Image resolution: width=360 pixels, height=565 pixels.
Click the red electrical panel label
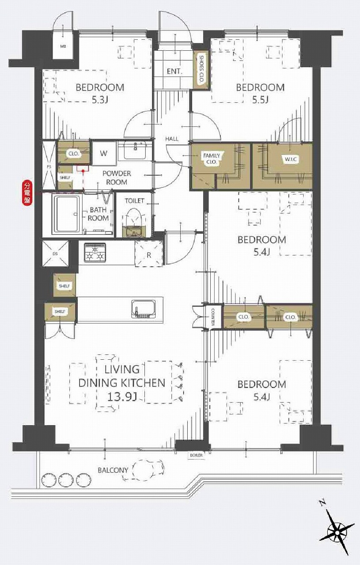click(x=27, y=193)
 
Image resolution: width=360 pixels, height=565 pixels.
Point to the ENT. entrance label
click(x=174, y=72)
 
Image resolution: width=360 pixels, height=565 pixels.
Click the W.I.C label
click(x=291, y=159)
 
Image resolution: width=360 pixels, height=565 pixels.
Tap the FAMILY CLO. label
click(x=212, y=158)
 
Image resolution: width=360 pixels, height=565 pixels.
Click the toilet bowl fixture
click(x=134, y=222)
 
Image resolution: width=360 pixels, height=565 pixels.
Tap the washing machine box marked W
click(x=104, y=153)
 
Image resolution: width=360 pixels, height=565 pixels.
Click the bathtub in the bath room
click(x=67, y=214)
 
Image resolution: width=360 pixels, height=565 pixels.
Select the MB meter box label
click(x=63, y=46)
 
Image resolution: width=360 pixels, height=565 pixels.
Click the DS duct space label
click(x=55, y=254)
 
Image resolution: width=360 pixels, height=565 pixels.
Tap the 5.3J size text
click(x=100, y=100)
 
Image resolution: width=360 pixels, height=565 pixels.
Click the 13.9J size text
click(x=122, y=397)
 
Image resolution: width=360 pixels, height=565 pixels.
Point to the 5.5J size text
click(x=260, y=100)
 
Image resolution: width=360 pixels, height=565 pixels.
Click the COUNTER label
click(x=213, y=317)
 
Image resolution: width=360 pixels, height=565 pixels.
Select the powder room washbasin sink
click(x=135, y=151)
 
